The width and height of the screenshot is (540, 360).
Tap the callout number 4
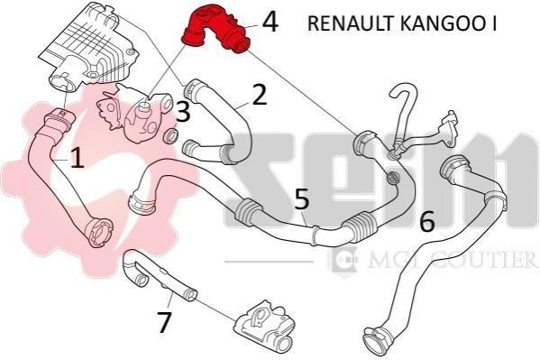270,22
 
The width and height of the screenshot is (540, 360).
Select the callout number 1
78,157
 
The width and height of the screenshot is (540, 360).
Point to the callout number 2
260,94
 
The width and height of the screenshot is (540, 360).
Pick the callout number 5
302,198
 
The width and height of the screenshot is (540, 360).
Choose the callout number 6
427,222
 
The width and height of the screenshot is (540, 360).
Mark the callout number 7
164,322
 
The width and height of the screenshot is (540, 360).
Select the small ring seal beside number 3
170,136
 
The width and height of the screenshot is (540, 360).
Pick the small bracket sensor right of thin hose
448,129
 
